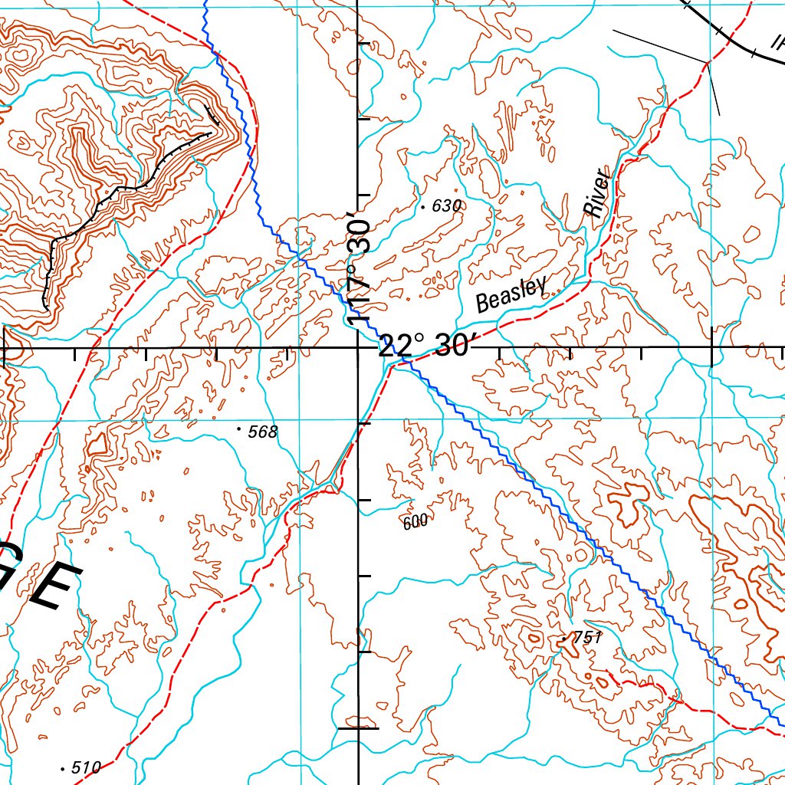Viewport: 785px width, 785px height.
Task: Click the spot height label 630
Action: click(447, 205)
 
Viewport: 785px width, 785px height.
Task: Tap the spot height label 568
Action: click(262, 432)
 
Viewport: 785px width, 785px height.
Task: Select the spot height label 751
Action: click(589, 637)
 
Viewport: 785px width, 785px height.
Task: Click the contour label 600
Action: click(415, 522)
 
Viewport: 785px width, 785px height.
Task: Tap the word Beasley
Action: click(511, 292)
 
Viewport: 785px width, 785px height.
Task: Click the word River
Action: click(599, 193)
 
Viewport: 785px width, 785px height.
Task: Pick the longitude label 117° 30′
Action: click(358, 269)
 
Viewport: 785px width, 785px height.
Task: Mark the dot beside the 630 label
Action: click(423, 207)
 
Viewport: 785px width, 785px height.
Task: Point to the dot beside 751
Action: click(564, 638)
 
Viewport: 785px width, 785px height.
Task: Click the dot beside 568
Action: click(239, 429)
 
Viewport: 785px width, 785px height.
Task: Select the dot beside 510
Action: click(62, 767)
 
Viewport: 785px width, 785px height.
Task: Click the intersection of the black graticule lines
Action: click(360, 348)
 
